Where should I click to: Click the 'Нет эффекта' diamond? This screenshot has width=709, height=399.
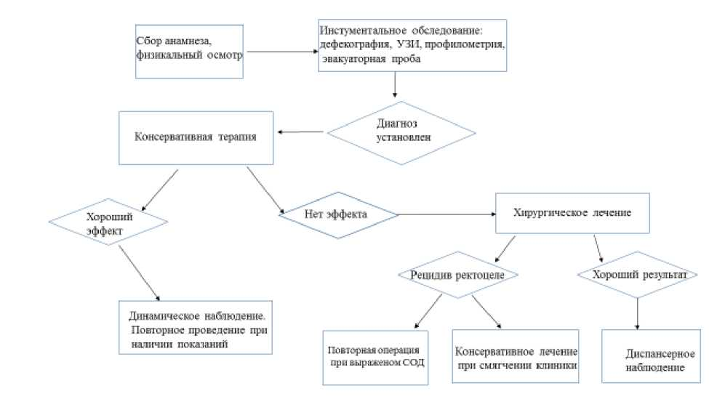point(339,215)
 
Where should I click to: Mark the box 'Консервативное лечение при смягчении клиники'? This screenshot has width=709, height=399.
point(516,357)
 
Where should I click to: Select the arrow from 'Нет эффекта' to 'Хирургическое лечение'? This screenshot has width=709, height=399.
point(446,215)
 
